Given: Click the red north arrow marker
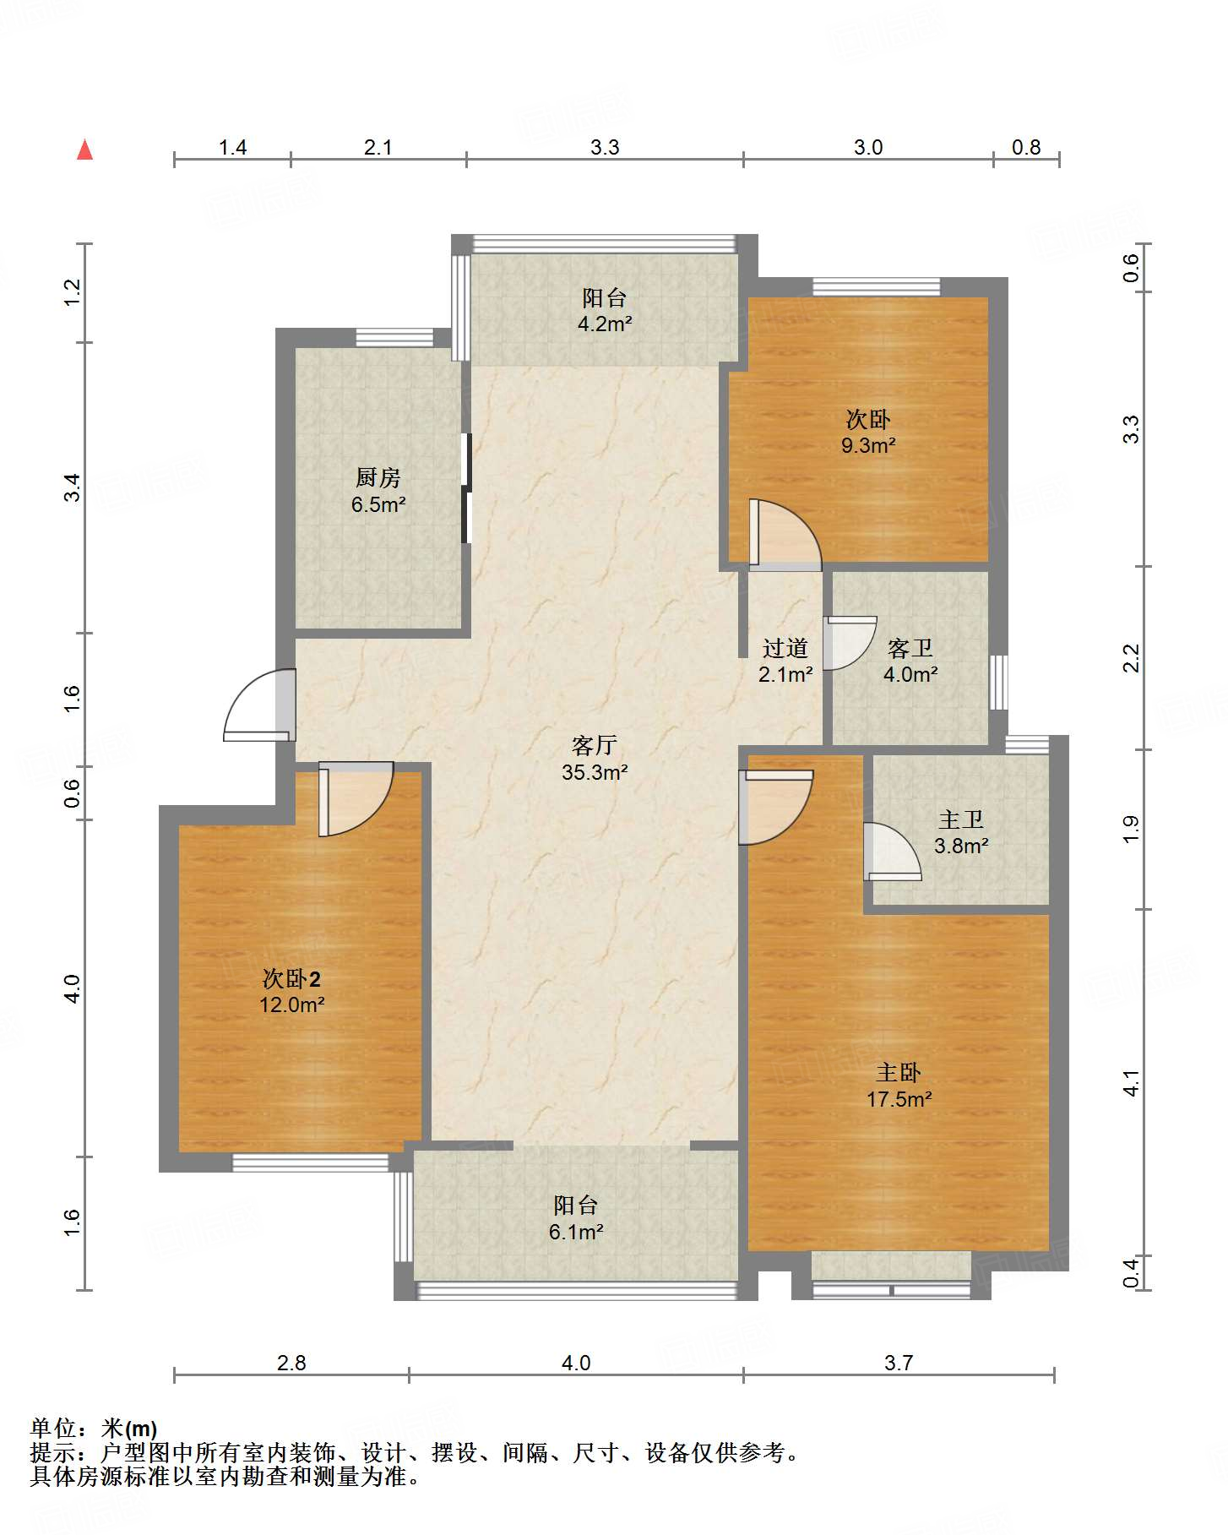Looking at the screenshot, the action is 84,150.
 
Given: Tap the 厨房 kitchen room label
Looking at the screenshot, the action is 378,478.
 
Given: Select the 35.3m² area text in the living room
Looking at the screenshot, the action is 595,772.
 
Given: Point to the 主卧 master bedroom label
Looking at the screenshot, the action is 899,1073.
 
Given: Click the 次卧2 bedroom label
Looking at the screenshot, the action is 291,979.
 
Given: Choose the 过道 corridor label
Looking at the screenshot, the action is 785,648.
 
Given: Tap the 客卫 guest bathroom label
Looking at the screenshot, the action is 910,648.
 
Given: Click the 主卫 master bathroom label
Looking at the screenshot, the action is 961,819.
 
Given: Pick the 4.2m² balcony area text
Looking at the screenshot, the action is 605,324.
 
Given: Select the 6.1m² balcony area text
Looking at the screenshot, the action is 576,1232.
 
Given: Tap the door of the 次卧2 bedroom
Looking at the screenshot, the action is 356,799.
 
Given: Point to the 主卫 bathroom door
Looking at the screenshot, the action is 892,852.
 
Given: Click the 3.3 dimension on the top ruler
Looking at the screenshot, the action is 605,148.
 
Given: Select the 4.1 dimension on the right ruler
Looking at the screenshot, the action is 1131,1083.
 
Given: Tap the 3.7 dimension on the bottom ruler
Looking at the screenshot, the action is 899,1363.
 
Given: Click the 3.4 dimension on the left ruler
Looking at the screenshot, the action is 73,487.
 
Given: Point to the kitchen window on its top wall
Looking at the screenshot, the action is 394,337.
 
